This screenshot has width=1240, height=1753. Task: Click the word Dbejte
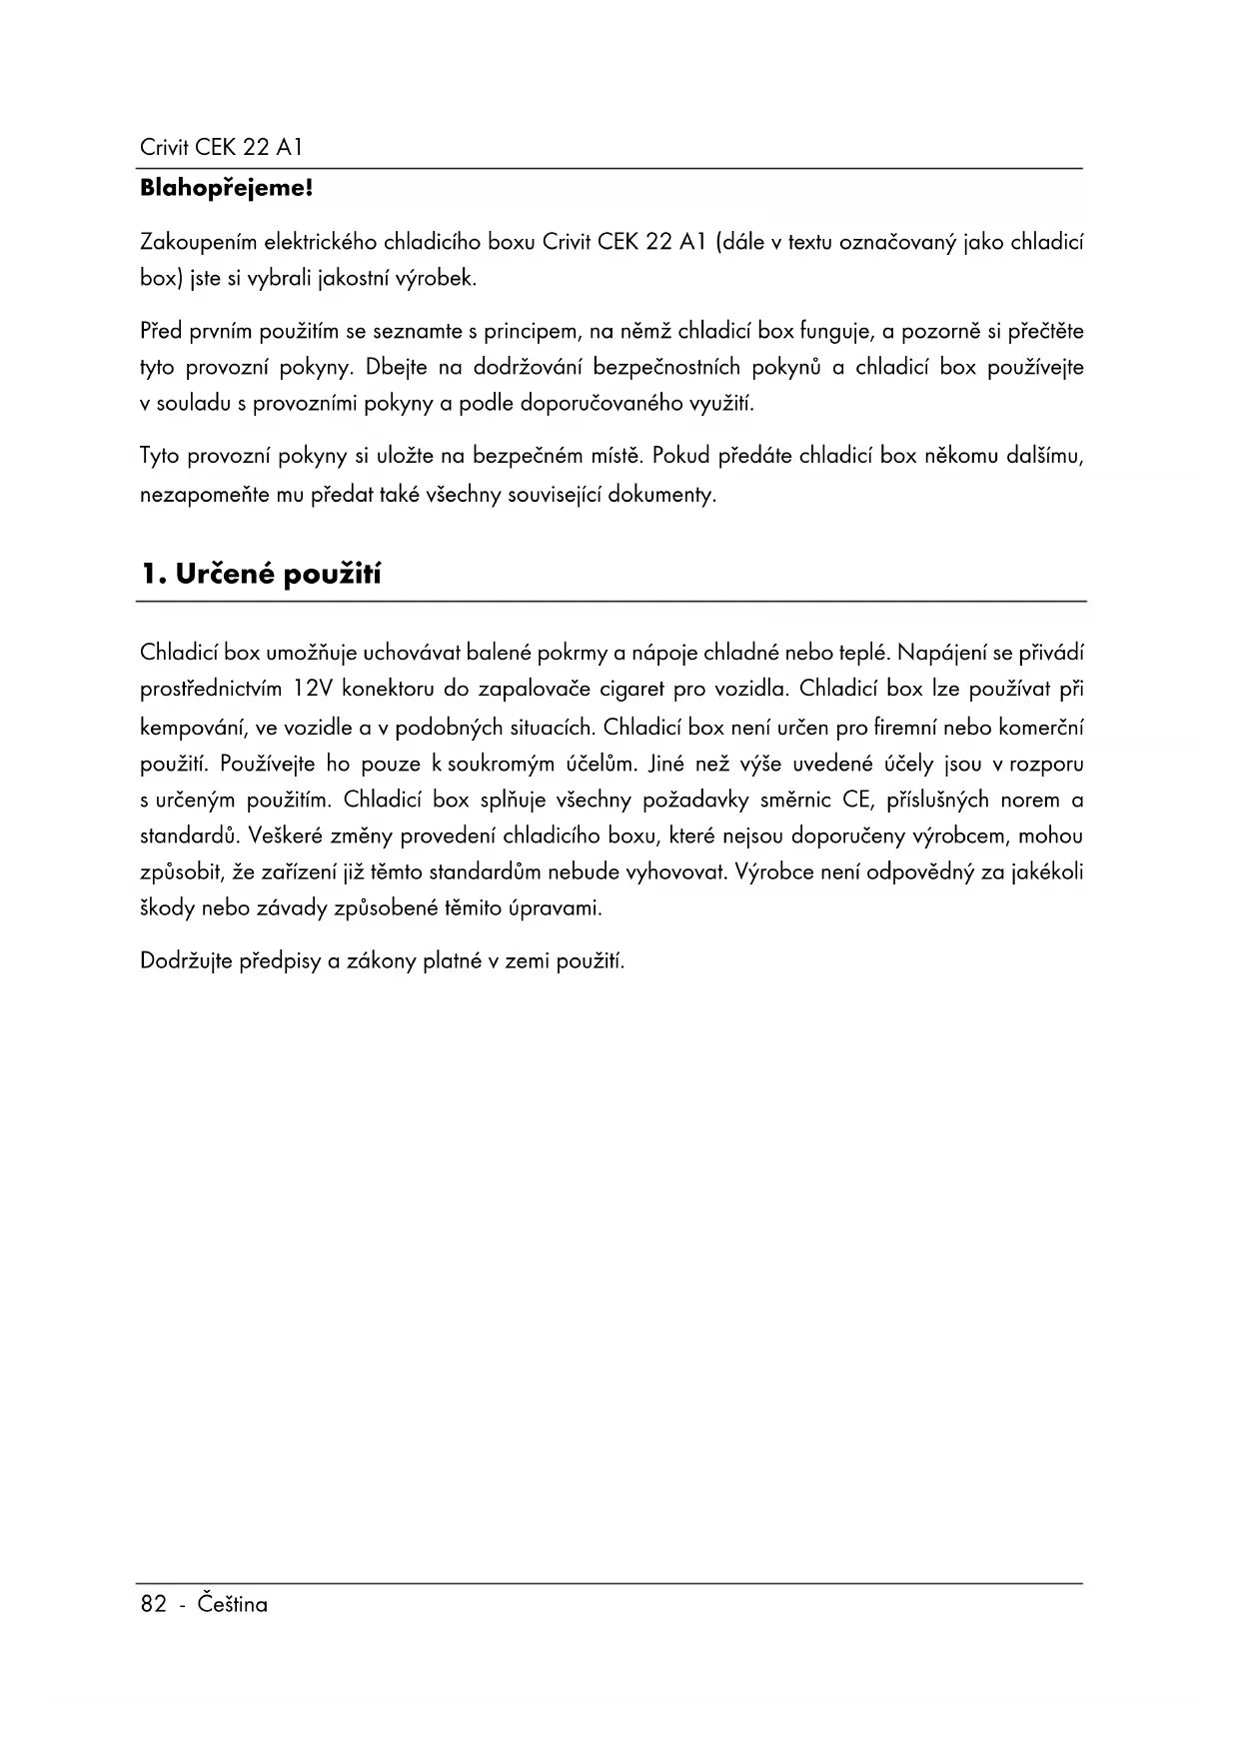point(397,367)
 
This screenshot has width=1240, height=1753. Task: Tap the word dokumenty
point(665,495)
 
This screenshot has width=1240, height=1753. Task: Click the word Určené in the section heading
point(226,575)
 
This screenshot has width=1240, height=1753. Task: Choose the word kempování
point(195,728)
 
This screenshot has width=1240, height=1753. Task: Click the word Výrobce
point(768,872)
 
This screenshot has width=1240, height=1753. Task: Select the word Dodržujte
point(186,961)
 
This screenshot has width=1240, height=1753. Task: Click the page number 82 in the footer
point(153,1604)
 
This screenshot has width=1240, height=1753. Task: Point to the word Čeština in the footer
point(233,1604)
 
